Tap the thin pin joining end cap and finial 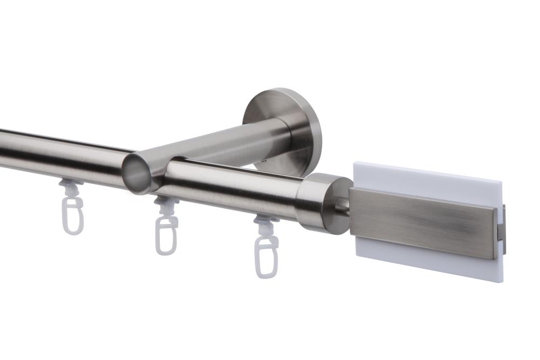(344, 205)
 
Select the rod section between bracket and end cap (232, 186)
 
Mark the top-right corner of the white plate (502, 181)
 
